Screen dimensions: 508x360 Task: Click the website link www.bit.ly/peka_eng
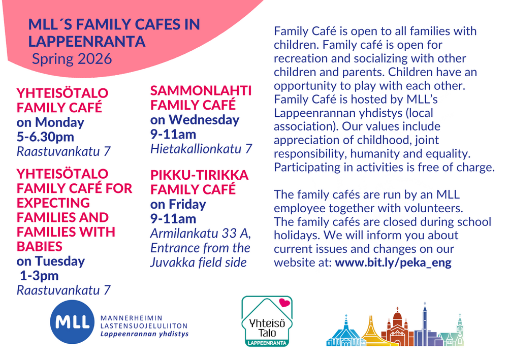tap(393, 263)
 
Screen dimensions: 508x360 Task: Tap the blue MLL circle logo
tap(72, 322)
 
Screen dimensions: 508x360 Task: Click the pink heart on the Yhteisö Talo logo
tap(284, 303)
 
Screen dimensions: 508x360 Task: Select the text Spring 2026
tap(72, 59)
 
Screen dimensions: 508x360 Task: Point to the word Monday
tap(59, 122)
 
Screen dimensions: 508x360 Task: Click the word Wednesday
tap(204, 120)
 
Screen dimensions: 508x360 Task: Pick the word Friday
tap(187, 205)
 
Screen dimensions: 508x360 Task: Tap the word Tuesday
tap(60, 261)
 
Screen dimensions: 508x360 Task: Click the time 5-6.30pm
tap(45, 137)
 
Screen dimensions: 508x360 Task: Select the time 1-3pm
tap(39, 276)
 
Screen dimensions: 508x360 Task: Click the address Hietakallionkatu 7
tap(201, 149)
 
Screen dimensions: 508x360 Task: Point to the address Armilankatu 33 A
tap(201, 234)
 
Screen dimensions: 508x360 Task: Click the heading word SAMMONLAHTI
tap(201, 91)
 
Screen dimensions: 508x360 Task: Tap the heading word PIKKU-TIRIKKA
tap(199, 175)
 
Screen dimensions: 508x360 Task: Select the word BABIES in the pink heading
tap(40, 247)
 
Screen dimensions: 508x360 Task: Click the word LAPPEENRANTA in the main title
tap(86, 42)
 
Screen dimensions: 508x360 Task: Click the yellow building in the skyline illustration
tap(372, 334)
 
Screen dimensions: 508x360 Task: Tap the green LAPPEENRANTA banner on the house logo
tap(267, 343)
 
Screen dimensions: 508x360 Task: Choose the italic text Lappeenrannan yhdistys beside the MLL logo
tap(144, 334)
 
